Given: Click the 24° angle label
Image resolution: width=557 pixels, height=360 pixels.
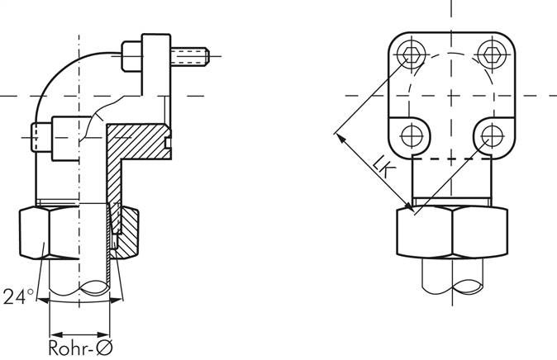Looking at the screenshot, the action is click(18, 296).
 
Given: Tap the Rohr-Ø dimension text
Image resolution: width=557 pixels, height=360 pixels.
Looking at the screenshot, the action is click(80, 348).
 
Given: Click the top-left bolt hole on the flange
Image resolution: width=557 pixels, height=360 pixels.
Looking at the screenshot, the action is click(412, 54).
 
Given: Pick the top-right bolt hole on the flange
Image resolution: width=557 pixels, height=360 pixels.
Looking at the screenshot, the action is click(492, 54).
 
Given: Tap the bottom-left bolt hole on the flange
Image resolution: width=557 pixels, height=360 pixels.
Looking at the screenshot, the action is click(412, 136).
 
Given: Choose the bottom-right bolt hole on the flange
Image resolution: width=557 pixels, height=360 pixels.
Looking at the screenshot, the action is click(492, 136).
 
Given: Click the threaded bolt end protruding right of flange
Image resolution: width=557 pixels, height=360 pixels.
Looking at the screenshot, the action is click(190, 56).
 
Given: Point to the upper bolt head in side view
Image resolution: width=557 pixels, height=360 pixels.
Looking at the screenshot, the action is click(131, 56).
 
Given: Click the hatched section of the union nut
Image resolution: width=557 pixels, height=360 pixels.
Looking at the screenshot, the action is click(126, 233).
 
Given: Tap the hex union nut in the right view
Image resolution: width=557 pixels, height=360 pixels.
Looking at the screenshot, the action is click(452, 232).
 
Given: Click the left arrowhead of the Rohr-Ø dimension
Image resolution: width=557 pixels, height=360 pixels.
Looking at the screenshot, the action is click(56, 334).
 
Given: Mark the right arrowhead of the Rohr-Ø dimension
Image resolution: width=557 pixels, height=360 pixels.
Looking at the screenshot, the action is click(103, 334).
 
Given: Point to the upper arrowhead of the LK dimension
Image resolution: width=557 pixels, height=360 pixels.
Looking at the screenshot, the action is click(340, 138).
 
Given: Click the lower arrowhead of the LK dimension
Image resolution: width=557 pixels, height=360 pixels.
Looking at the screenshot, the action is click(408, 206).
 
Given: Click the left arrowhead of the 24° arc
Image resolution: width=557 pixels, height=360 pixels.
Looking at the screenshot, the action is click(43, 301).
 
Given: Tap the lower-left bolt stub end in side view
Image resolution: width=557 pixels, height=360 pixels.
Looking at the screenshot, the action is click(41, 137).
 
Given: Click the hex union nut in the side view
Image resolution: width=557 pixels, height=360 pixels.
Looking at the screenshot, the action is click(79, 233).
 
